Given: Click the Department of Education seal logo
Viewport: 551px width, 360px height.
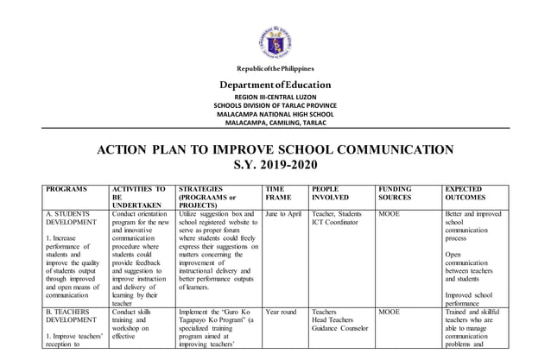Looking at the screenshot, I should pos(276,41).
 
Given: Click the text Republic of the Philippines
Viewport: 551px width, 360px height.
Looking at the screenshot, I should pos(276,68).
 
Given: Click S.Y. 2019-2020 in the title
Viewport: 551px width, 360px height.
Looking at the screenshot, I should pos(276,164).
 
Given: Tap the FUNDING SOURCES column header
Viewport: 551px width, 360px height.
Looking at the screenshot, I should pos(396,193).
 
